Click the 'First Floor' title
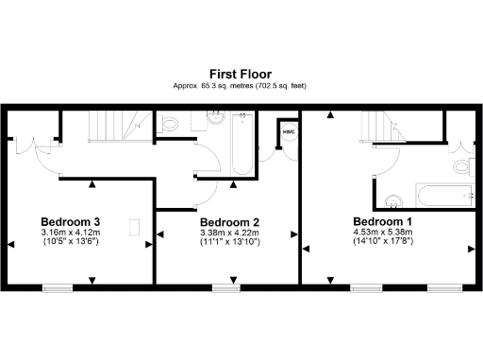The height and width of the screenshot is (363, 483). tap(241, 73)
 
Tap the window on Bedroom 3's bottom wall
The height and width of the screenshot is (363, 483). tap(58, 285)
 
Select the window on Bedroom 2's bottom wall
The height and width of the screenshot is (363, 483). tap(225, 285)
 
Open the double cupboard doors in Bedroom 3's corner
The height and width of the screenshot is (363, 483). tap(34, 145)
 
